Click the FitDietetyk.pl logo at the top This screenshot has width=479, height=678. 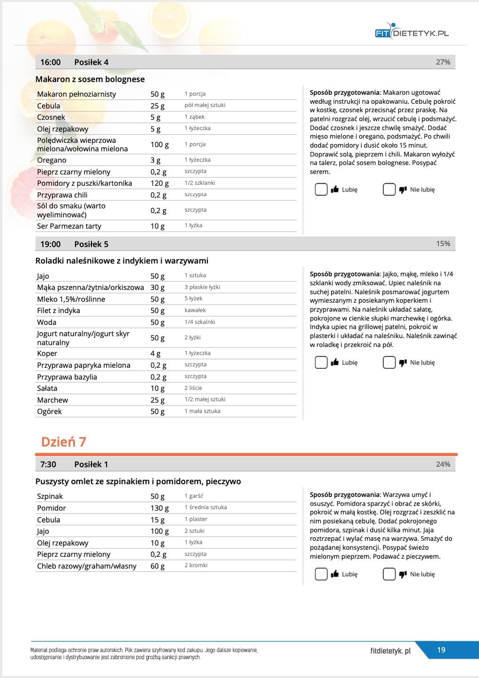[412, 32]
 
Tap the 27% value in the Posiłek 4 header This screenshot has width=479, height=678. [443, 62]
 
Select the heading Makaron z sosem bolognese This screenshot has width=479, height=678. [90, 79]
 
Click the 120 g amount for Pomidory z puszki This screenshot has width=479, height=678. [159, 183]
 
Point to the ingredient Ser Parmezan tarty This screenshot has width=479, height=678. [69, 226]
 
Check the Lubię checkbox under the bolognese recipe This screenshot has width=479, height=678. [321, 190]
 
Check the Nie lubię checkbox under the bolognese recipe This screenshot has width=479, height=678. [389, 190]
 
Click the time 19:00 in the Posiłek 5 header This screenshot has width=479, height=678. [50, 244]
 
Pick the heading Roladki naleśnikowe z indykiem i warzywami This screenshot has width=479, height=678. [122, 261]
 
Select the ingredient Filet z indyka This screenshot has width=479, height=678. [58, 311]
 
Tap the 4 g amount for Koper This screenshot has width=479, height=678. [155, 354]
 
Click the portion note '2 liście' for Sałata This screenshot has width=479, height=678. [193, 388]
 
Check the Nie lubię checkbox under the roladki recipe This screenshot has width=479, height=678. [389, 363]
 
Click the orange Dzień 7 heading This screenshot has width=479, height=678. [64, 442]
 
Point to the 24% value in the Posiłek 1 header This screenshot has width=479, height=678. [443, 464]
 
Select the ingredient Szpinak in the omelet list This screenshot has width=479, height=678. [50, 496]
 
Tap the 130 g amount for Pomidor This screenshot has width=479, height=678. [159, 508]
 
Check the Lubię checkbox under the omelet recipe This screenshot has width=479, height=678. [321, 574]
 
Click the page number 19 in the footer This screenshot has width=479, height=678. [441, 650]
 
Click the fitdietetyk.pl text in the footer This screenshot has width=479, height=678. [390, 651]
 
